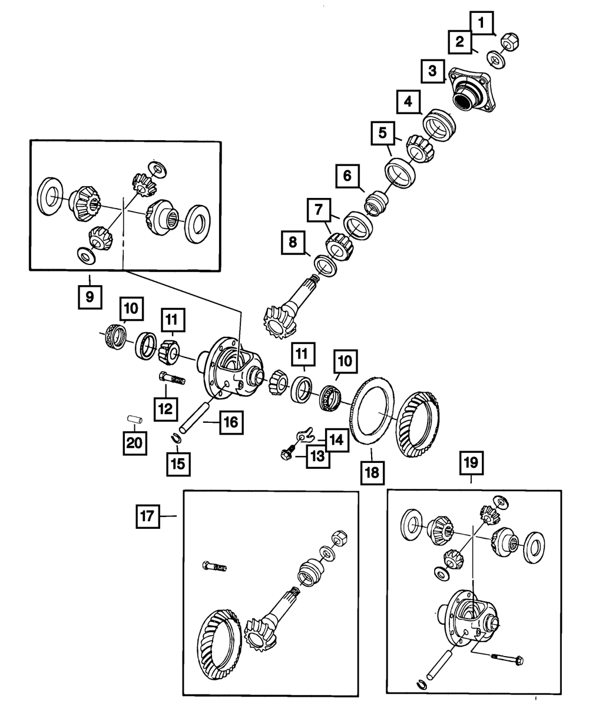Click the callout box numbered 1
coord(481,23)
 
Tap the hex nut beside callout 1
coord(509,42)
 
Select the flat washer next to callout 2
coord(496,59)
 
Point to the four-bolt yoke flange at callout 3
coord(472,90)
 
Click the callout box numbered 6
coord(348,176)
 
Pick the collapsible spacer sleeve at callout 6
coord(376,203)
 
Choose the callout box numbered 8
coord(293,243)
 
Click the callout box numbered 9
coord(90,297)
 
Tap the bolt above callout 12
coord(171,378)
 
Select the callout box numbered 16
coord(231,422)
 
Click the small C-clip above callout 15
coord(176,438)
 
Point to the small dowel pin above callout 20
coord(135,419)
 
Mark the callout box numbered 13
coord(318,456)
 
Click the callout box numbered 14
coord(337,440)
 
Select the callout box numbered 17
coord(148,516)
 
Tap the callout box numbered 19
coord(471,463)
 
